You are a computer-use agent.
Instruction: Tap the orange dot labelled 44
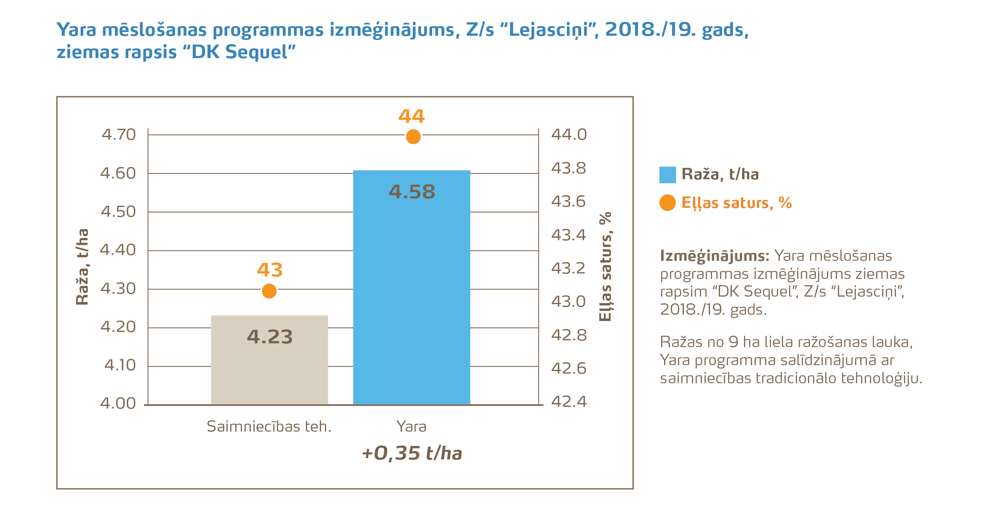(413, 137)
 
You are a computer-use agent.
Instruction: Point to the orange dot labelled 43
(269, 291)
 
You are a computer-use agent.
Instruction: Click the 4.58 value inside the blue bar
(412, 192)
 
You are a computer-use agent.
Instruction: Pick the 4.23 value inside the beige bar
(270, 337)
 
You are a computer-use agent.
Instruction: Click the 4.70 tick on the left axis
(119, 135)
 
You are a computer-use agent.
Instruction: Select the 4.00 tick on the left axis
(118, 403)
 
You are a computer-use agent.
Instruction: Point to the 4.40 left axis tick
(118, 250)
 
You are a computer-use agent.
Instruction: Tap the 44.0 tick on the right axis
(569, 135)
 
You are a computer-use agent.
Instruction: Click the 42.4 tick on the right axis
(569, 402)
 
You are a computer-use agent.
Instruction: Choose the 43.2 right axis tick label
(569, 268)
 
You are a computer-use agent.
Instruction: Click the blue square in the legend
(667, 175)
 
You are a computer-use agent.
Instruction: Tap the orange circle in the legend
(667, 203)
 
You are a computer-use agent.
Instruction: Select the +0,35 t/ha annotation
(412, 454)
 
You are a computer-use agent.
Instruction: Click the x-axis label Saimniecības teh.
(269, 427)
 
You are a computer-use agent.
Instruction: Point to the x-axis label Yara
(411, 427)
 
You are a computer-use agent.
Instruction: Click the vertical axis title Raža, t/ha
(82, 267)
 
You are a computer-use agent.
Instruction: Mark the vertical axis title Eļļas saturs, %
(605, 267)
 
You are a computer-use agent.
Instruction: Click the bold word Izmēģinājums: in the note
(715, 256)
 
